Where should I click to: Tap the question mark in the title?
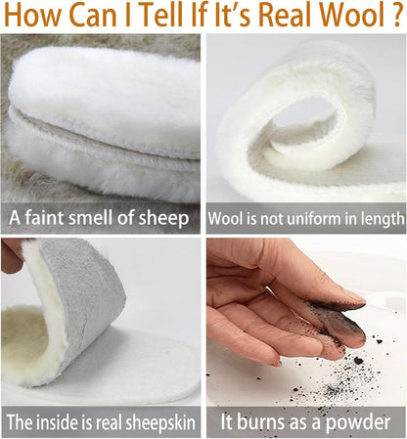(396, 15)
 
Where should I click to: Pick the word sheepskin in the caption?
(160, 423)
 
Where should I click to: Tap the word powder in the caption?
(358, 422)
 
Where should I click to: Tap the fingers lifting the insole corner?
(12, 255)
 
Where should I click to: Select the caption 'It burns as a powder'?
(305, 422)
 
